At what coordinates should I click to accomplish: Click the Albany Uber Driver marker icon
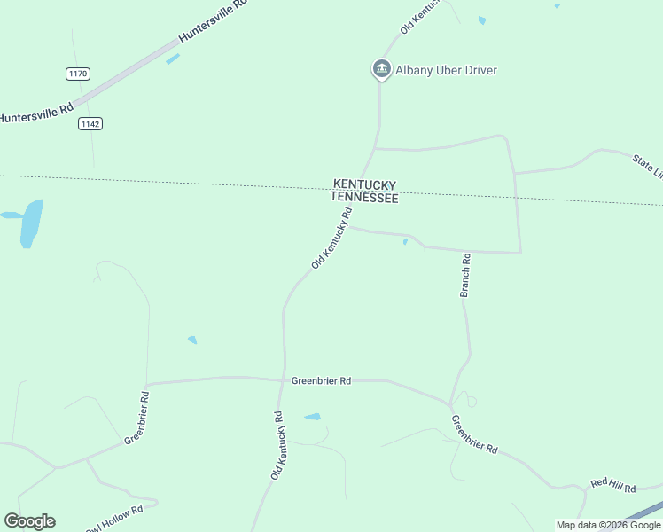[381, 68]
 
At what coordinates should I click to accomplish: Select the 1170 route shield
[77, 74]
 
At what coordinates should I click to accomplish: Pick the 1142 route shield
[90, 123]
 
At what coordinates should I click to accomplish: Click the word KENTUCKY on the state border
[364, 184]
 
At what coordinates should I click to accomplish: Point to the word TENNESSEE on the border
[364, 198]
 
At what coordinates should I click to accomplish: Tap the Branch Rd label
[464, 275]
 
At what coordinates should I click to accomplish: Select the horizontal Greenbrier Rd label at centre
[321, 380]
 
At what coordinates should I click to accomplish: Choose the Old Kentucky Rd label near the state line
[332, 238]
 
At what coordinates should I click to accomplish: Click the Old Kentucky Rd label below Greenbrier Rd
[277, 446]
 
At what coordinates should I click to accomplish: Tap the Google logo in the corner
[29, 521]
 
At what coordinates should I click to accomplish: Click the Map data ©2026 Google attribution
[608, 525]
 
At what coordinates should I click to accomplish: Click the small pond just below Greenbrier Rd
[312, 416]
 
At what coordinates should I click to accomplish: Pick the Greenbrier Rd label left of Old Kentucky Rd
[136, 417]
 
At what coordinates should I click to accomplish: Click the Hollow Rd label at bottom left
[115, 518]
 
